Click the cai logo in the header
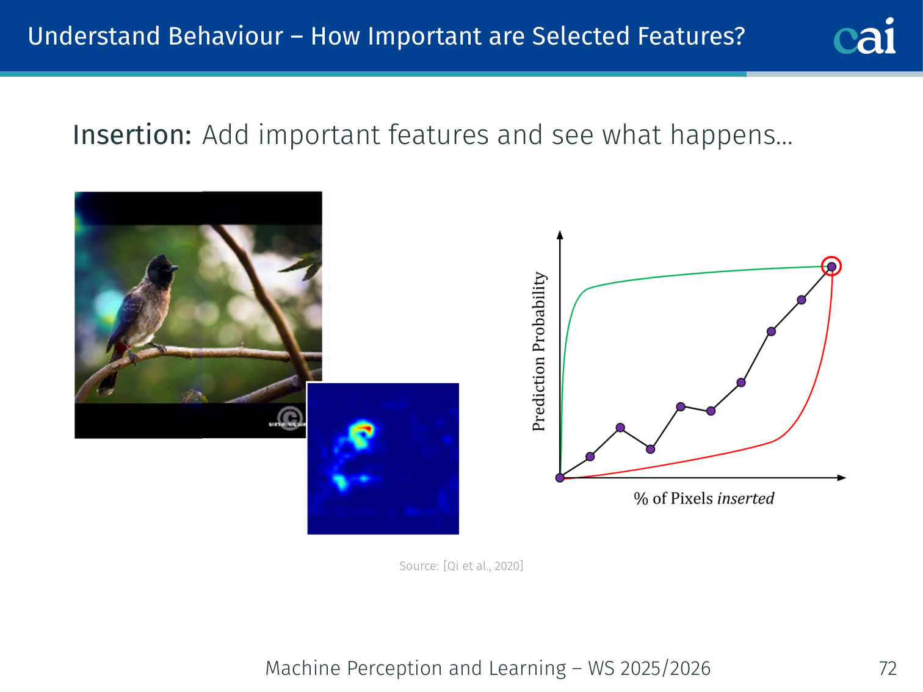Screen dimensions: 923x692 [x=864, y=36]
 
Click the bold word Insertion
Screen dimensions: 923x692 [x=132, y=135]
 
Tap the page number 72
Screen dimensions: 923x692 [x=888, y=668]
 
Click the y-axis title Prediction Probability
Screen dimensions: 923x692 [x=538, y=351]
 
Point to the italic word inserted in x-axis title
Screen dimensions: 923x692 [x=745, y=499]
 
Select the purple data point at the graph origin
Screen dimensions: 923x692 [x=560, y=478]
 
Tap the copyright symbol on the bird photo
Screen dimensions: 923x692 [x=290, y=418]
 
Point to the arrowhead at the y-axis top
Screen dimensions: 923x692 [x=560, y=234]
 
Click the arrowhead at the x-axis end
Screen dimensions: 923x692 [x=841, y=478]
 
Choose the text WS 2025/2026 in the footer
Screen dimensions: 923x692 [x=649, y=668]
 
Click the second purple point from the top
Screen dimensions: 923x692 [x=802, y=300]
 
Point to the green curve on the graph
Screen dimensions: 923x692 [x=673, y=276]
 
